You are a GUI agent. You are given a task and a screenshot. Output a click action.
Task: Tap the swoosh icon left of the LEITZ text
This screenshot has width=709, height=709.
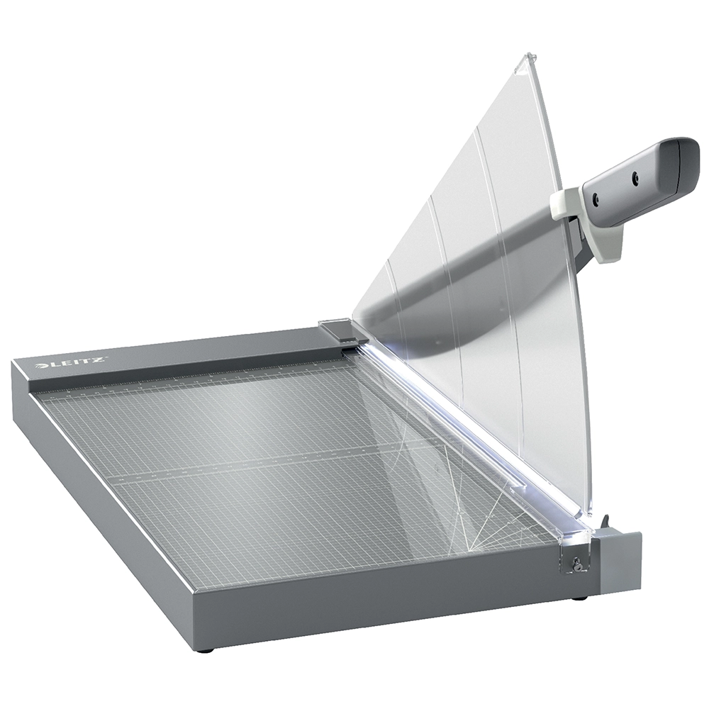tap(41, 367)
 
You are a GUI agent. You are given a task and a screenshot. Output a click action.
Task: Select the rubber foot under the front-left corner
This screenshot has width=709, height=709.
tap(204, 649)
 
